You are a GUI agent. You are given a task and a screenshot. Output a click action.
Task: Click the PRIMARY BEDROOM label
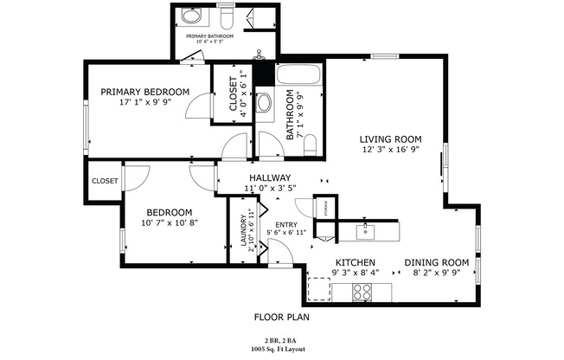[144, 92]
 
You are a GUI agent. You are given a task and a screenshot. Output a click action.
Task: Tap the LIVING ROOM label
[390, 138]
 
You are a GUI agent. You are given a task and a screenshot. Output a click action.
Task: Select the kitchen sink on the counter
[366, 231]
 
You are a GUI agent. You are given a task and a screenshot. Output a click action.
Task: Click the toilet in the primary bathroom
[227, 18]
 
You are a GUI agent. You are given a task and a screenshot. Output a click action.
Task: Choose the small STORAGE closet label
[326, 208]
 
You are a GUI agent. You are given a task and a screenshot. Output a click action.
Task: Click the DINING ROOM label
[436, 262]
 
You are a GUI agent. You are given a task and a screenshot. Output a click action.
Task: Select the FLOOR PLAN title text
[281, 318]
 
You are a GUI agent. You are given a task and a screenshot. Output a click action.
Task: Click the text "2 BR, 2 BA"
[281, 341]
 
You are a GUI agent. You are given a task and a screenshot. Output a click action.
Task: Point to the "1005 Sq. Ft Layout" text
[281, 350]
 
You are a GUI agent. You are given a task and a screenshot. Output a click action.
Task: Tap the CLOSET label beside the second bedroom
[105, 181]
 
